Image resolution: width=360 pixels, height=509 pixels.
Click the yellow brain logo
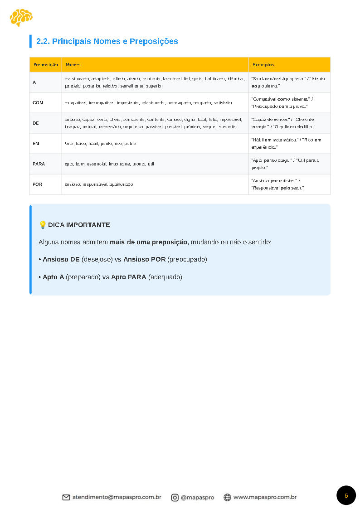pyautogui.click(x=21, y=18)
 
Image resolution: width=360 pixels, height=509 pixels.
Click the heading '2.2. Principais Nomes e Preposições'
pyautogui.click(x=107, y=41)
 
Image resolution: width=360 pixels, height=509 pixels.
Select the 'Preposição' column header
pyautogui.click(x=45, y=65)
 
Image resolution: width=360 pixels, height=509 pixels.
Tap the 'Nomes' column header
pyautogui.click(x=73, y=65)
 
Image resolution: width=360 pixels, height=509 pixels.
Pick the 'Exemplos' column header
pyautogui.click(x=263, y=65)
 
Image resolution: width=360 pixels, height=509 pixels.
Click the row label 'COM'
pyautogui.click(x=38, y=103)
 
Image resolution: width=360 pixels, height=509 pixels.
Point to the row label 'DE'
pyautogui.click(x=36, y=123)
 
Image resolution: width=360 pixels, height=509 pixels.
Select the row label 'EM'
pyautogui.click(x=36, y=144)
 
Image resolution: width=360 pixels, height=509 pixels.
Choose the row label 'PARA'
pyautogui.click(x=39, y=164)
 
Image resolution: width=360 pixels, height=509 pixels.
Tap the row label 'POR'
pyautogui.click(x=38, y=184)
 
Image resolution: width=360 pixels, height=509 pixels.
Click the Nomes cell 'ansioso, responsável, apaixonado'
pyautogui.click(x=99, y=184)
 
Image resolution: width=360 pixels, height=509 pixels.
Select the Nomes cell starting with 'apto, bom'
pyautogui.click(x=109, y=164)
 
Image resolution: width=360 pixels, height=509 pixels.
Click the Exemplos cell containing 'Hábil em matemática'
pyautogui.click(x=286, y=143)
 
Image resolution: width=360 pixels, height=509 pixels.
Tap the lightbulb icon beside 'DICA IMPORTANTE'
pyautogui.click(x=43, y=225)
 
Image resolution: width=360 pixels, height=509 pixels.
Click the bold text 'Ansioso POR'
pyautogui.click(x=144, y=260)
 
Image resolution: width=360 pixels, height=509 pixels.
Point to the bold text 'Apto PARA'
pyautogui.click(x=128, y=277)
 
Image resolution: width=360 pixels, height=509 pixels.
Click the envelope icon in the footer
pyautogui.click(x=66, y=497)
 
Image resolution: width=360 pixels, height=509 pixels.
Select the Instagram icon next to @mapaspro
pyautogui.click(x=175, y=497)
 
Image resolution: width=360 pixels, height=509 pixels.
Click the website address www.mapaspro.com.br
pyautogui.click(x=265, y=497)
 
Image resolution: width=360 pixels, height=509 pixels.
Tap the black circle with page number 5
pyautogui.click(x=346, y=495)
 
